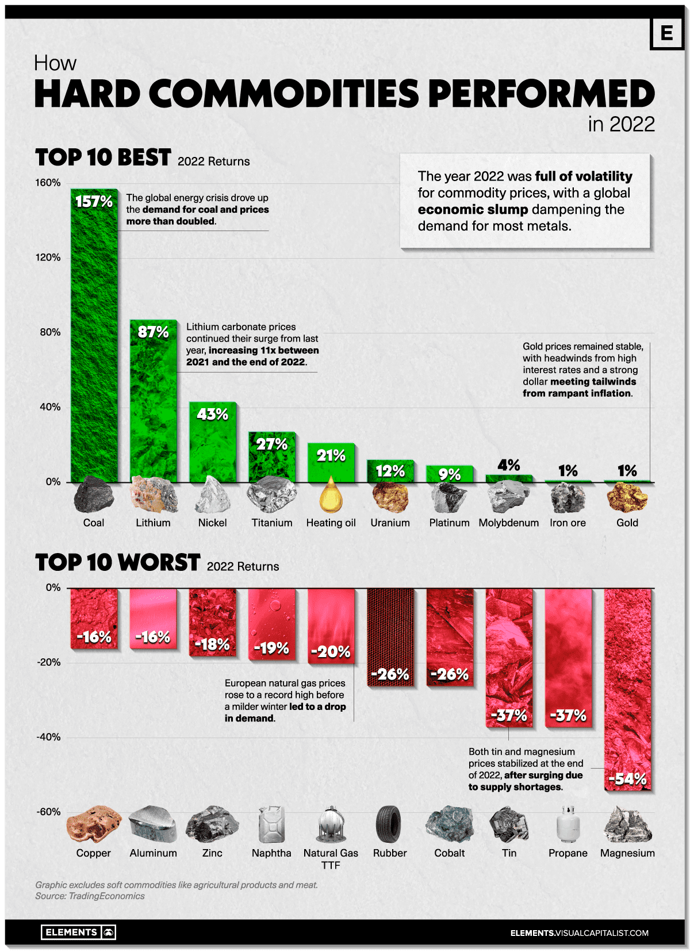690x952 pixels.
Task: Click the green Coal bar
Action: coord(94,345)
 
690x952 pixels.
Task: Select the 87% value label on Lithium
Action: coord(153,332)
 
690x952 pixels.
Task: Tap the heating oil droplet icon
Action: coord(331,496)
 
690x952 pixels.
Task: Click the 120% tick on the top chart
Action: coord(48,258)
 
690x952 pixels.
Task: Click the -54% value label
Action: coord(627,780)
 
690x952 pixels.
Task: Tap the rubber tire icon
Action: coord(390,824)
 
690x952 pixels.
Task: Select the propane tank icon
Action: coord(568,824)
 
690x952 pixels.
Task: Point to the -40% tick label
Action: coord(48,737)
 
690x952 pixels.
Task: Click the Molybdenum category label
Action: coord(508,523)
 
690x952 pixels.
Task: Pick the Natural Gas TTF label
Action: coord(331,859)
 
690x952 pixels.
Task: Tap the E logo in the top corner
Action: coord(666,33)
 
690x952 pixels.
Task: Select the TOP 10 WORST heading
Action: coord(118,563)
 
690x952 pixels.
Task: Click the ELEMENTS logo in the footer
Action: coord(78,932)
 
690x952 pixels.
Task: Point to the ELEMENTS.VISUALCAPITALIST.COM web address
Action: coord(579,933)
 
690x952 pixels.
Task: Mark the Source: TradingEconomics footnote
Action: coord(90,896)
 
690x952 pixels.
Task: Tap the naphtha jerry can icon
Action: coord(271,824)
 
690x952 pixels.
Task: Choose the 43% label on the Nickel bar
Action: coord(212,414)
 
